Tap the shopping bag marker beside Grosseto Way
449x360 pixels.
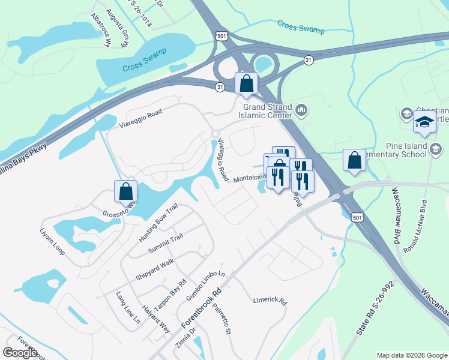pyautogui.click(x=126, y=192)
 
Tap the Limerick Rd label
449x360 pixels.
pyautogui.click(x=270, y=300)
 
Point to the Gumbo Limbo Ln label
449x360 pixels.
pyautogui.click(x=206, y=285)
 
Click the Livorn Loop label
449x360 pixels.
pyautogui.click(x=52, y=241)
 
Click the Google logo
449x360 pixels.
pyautogui.click(x=20, y=353)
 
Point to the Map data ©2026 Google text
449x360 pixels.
pyautogui.click(x=411, y=355)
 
